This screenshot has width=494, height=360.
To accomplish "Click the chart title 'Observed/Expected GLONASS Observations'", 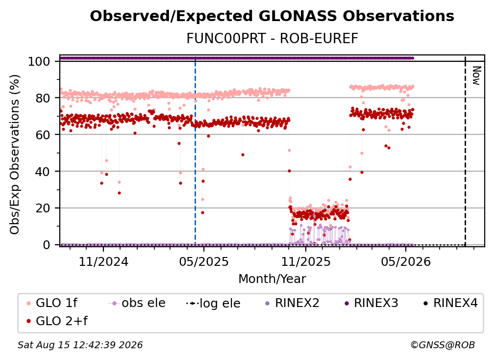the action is (272, 16).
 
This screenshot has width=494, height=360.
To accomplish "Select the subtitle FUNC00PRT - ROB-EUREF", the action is (272, 39).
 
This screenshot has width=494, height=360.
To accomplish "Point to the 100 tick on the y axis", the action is (39, 61).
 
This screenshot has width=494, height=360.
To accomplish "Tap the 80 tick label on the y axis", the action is (43, 98).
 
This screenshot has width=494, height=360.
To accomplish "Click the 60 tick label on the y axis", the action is (43, 134).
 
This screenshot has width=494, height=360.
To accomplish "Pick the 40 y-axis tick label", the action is (43, 172).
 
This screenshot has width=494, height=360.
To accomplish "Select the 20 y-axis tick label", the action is (43, 208).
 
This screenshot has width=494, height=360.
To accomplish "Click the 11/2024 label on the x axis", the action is (103, 261).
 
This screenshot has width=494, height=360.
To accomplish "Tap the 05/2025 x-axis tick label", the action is (204, 261).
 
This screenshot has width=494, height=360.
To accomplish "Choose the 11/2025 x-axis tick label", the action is (306, 261).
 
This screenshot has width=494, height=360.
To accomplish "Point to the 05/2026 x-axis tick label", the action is (406, 261).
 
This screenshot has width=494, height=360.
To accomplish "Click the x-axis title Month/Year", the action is (272, 279).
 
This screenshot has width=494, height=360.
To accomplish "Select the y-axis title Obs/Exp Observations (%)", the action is (15, 154).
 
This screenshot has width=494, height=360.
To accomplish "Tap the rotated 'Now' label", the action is (476, 76).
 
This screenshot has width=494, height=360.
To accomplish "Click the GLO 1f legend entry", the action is (51, 303).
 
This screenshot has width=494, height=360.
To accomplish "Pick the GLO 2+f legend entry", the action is (57, 321).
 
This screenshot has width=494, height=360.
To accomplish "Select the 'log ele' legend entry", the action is (213, 303).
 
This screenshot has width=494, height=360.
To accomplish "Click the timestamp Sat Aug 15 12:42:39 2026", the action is (80, 345).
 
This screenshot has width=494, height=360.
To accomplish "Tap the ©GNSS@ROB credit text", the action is (443, 345).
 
